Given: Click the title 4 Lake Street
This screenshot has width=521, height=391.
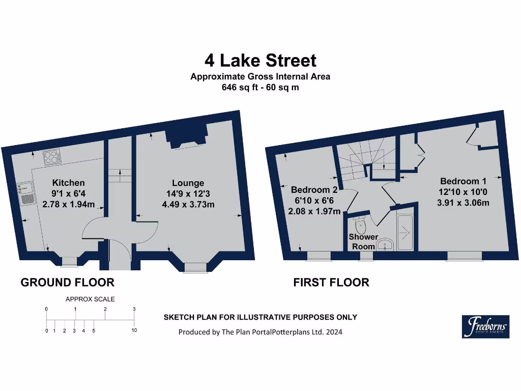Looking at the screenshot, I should point(260,61).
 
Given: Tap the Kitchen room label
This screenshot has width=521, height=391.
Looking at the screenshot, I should point(68,183).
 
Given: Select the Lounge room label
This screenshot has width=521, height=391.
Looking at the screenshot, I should point(188,183).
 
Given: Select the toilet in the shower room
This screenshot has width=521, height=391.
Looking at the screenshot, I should point(360,225).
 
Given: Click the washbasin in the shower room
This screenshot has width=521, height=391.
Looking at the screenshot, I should point(385,245).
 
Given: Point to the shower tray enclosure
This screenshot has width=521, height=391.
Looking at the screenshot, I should point(406,232).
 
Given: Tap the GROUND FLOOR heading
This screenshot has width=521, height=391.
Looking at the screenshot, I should point(67,282).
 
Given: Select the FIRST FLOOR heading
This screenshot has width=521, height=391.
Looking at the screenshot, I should point(331,282).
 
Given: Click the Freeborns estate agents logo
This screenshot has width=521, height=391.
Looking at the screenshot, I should point(485,326).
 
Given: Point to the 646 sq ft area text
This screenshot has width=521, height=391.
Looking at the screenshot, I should point(260,87).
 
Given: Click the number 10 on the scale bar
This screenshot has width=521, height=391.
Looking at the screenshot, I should point(134,330).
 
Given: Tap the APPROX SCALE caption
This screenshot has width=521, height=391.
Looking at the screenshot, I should point(90,299).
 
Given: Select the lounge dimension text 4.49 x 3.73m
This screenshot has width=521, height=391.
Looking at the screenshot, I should point(188,205).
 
